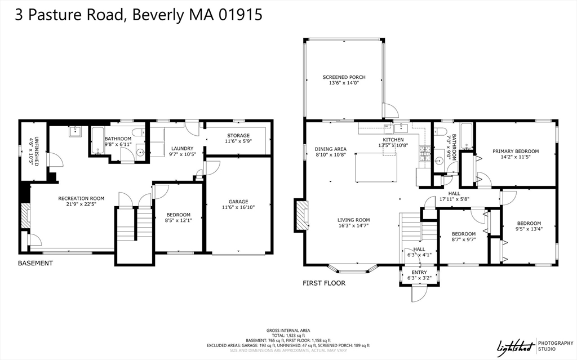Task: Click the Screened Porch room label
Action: click(x=344, y=80)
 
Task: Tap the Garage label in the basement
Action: click(x=238, y=205)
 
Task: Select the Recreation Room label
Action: click(x=81, y=201)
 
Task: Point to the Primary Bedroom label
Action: click(x=516, y=154)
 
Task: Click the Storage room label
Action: click(x=238, y=138)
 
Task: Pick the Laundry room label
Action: click(x=182, y=152)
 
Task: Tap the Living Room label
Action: click(x=354, y=223)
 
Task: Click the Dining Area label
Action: click(x=330, y=152)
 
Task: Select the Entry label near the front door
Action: click(x=419, y=275)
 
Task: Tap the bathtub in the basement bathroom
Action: click(x=98, y=140)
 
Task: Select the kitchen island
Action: click(x=376, y=167)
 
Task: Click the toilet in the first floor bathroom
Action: click(x=440, y=131)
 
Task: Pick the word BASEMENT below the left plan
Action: click(x=35, y=263)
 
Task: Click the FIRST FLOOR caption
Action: click(x=324, y=283)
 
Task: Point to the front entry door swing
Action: click(x=420, y=294)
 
